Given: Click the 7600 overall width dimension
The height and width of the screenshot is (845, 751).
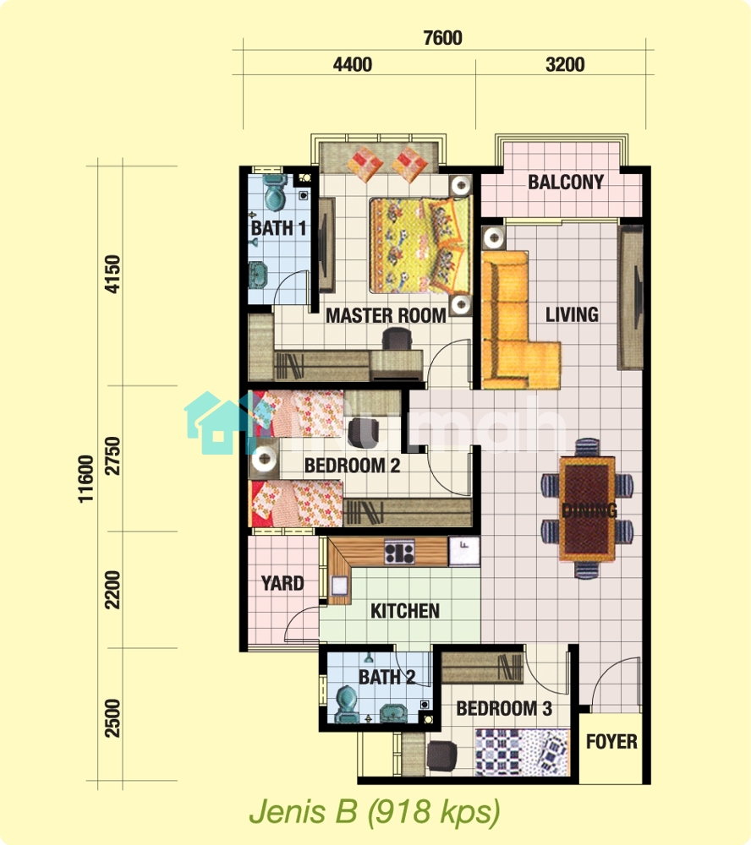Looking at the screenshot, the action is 442,38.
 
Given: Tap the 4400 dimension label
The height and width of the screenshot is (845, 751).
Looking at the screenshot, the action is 353,65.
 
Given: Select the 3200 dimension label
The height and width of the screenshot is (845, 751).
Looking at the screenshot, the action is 565,65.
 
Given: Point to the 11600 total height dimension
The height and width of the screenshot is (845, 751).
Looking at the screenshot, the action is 85,479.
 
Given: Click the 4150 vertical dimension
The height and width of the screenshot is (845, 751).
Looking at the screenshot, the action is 113,274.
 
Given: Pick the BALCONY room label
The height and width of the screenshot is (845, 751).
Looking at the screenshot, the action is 566,183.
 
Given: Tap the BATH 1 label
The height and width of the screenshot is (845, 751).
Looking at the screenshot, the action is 278,228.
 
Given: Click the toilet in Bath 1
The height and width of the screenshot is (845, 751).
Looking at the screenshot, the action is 275,192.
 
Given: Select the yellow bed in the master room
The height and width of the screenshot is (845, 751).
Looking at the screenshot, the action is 419,246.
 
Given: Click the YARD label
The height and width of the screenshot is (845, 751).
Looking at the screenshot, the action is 282,583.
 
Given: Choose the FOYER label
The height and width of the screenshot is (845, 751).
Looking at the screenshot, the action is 611,742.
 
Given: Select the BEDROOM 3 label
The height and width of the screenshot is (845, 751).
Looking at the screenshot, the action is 504,709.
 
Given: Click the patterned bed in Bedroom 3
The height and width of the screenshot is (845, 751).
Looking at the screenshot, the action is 522,752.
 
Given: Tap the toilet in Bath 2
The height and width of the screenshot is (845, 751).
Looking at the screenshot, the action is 347,704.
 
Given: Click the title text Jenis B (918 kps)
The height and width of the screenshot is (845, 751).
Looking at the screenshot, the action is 375,811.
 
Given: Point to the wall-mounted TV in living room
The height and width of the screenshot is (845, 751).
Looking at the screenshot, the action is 630,297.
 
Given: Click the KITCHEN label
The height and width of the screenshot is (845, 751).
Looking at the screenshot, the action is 404,611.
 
